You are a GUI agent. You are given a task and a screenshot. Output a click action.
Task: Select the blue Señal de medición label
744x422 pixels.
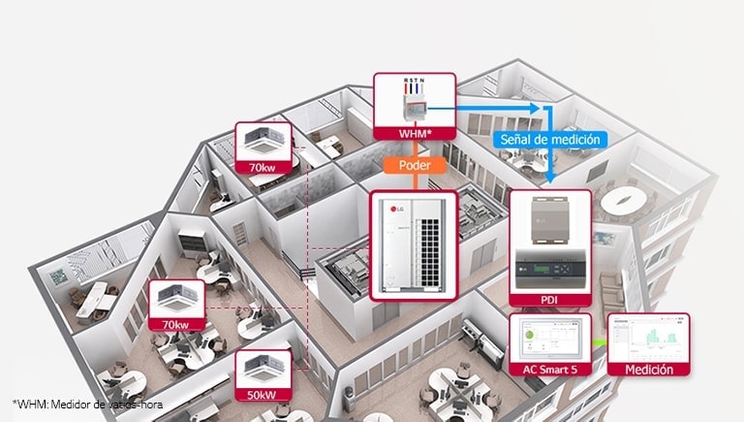tap(550, 139)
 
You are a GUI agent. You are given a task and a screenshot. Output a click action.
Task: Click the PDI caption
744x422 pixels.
tap(549, 299)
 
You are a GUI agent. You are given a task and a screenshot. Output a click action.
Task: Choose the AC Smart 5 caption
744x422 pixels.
tap(549, 367)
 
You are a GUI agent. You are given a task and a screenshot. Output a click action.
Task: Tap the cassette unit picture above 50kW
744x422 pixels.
tap(263, 370)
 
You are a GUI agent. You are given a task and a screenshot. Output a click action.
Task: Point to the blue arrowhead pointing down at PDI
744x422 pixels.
tap(549, 179)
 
